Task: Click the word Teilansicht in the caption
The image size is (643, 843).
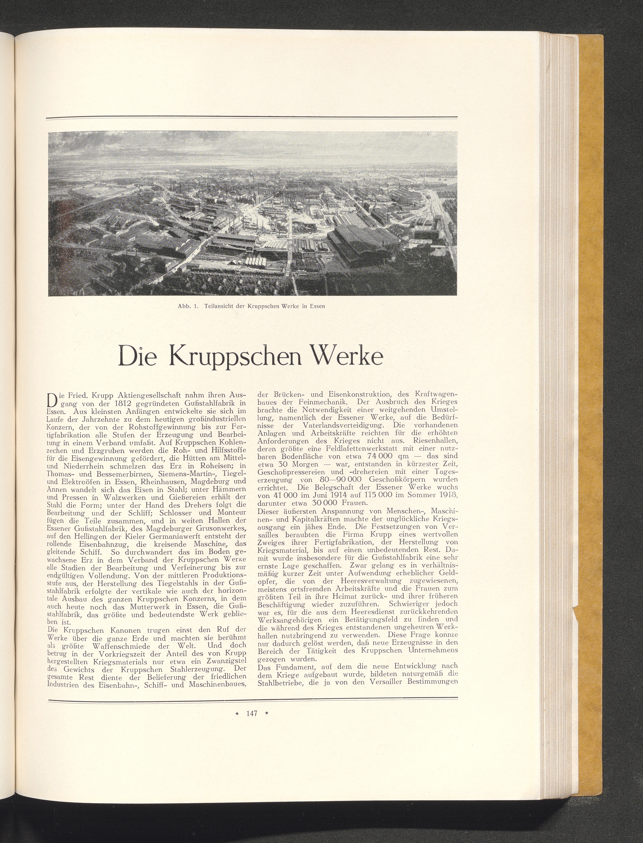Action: click(x=221, y=306)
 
